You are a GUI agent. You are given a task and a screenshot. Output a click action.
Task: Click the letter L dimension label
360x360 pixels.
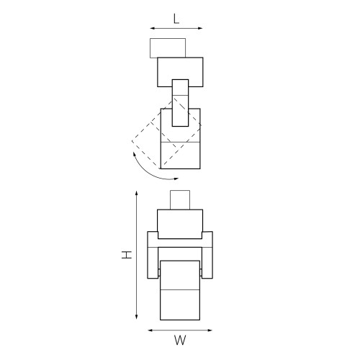coord(176,19)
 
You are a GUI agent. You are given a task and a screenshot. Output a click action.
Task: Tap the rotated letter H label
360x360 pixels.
coord(125,255)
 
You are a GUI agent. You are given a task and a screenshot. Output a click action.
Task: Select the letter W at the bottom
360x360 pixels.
coord(177,339)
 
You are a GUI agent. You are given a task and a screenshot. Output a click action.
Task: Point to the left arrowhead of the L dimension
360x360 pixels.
coord(152,29)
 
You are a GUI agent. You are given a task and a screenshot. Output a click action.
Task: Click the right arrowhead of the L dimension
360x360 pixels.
coord(201,29)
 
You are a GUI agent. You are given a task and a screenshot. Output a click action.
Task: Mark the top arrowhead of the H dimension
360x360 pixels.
coord(137,192)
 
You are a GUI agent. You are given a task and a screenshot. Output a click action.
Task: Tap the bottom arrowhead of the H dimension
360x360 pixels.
coord(137,319)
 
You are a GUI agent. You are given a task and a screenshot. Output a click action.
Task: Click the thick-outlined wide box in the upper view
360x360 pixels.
coord(180,70)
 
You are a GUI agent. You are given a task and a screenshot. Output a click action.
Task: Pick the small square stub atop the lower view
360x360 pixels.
coord(179,199)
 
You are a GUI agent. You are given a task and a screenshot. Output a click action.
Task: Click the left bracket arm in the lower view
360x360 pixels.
coord(152,256)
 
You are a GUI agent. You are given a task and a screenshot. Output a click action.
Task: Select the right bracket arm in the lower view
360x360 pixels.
coord(208,256)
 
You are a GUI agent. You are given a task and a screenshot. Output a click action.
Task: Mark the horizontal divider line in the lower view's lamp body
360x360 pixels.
coord(180,289)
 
